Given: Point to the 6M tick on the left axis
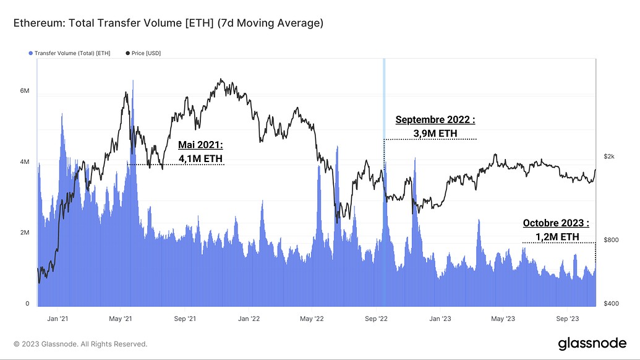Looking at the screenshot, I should click(x=25, y=90).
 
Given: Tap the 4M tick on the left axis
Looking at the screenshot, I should click(x=25, y=162).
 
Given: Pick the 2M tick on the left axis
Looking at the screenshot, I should click(x=25, y=233).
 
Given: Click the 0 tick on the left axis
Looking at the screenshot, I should click(x=27, y=304).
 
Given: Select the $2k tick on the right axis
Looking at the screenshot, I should click(x=609, y=156).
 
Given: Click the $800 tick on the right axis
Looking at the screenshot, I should click(x=611, y=239).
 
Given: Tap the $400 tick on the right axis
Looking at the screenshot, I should click(x=611, y=304).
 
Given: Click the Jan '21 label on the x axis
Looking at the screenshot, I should click(x=57, y=319).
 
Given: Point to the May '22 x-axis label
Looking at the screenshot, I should click(x=312, y=319).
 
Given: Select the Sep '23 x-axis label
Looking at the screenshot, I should click(x=567, y=319).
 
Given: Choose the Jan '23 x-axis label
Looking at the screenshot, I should click(x=439, y=319).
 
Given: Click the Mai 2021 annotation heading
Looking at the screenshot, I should click(x=200, y=145).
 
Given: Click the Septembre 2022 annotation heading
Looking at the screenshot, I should click(x=435, y=119).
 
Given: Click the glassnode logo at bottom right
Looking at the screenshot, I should click(x=592, y=343).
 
